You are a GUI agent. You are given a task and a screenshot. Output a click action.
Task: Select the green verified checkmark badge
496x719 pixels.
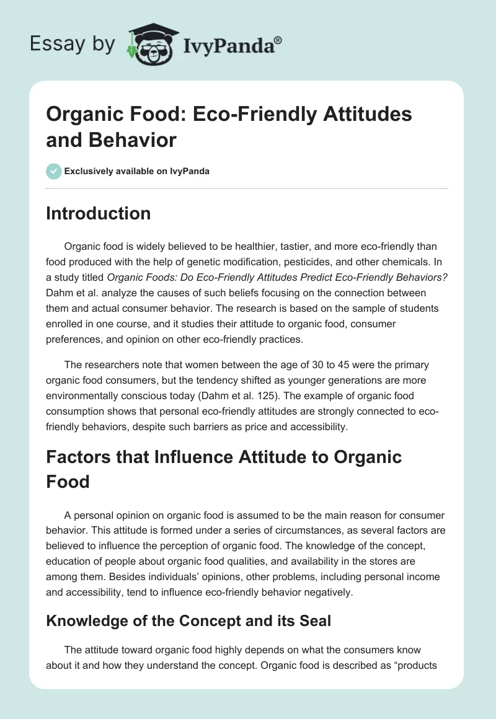[53, 171]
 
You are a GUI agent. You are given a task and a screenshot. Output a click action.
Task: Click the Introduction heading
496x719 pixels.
[99, 213]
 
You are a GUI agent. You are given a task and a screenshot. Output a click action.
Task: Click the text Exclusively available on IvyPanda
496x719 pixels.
[136, 171]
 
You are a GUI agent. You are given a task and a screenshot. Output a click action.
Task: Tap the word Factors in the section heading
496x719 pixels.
[79, 458]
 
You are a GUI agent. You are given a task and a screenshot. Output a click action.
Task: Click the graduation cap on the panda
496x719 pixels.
[153, 30]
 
